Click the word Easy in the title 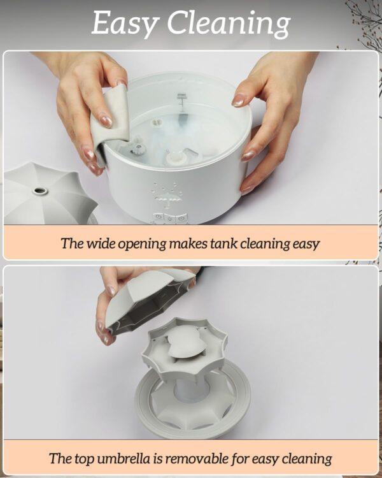[x=125, y=24]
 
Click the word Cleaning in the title [x=229, y=24]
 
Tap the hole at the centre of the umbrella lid [x=39, y=191]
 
